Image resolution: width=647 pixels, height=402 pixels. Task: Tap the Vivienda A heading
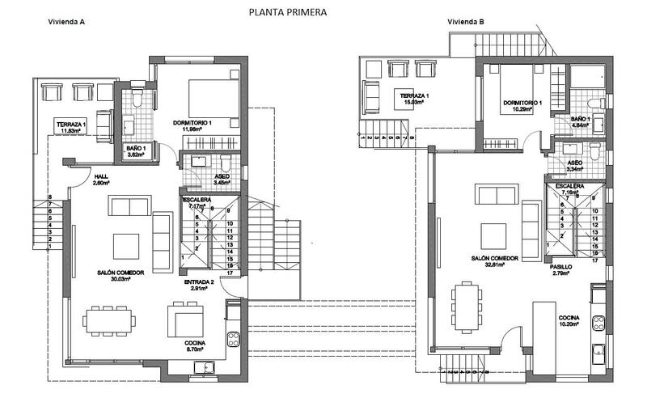coord(67,23)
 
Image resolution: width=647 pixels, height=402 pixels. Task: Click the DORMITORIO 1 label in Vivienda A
coord(192,122)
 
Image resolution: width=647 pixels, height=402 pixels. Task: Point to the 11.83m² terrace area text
coord(72,129)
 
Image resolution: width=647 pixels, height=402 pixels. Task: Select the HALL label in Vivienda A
coord(100,176)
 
